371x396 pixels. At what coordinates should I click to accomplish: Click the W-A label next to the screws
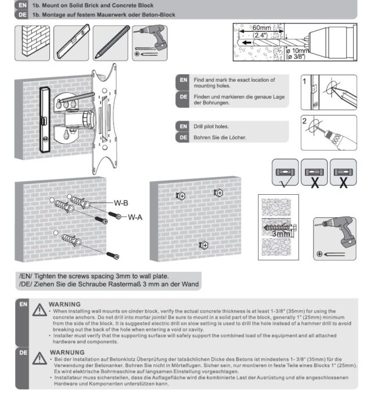click(x=135, y=217)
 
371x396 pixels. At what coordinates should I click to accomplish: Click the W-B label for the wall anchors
click(x=121, y=203)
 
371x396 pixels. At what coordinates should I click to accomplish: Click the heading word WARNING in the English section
click(x=65, y=303)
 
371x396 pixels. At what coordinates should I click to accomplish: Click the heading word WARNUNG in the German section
click(x=67, y=351)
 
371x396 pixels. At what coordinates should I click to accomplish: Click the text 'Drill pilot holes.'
click(x=211, y=125)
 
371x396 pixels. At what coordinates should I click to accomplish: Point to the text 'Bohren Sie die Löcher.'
click(x=220, y=137)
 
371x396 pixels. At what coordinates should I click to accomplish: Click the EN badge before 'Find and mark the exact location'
click(x=183, y=79)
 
